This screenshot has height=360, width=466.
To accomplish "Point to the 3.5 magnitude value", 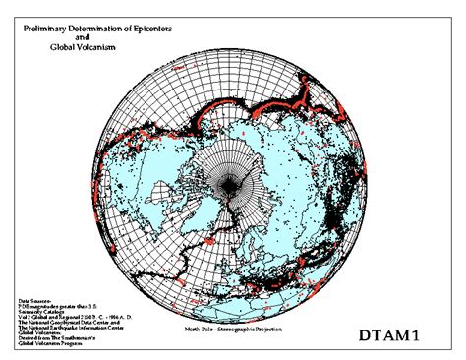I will [x=93, y=305].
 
